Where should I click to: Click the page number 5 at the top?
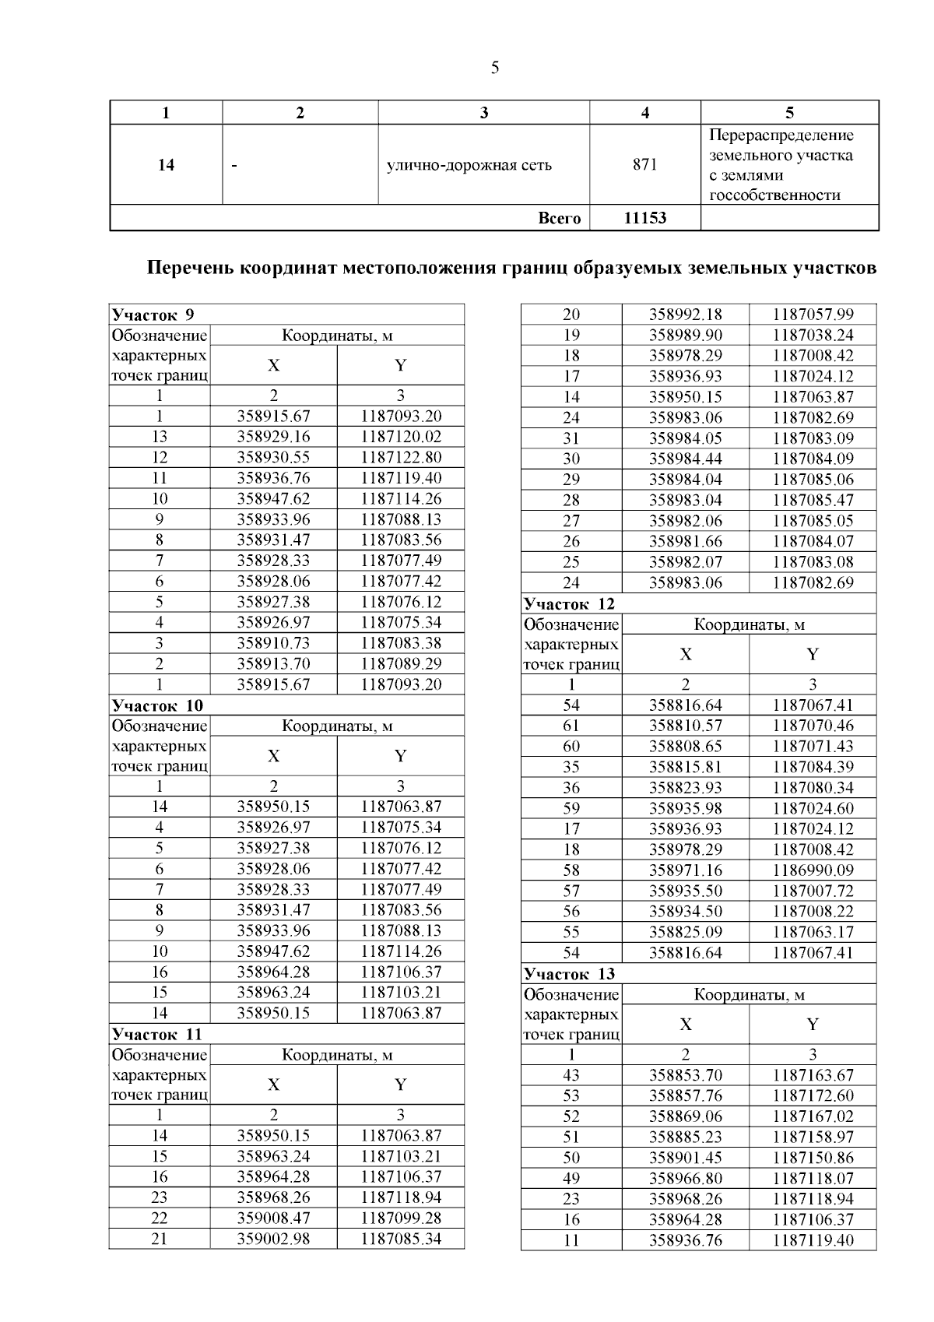coord(495,68)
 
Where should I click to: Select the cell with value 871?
coord(644,164)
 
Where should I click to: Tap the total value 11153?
coord(644,218)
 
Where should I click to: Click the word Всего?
coord(560,218)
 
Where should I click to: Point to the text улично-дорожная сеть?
coord(469,165)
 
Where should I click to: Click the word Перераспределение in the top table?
coord(781,135)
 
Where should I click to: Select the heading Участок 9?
coord(153,315)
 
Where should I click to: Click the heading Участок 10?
coord(157,705)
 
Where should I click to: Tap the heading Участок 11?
coord(157,1034)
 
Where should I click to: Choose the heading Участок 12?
coord(569,603)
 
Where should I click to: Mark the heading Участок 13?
coord(569,973)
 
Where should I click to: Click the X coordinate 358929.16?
coord(273,437)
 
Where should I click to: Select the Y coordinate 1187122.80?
coord(401,457)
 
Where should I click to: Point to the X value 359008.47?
coord(273,1218)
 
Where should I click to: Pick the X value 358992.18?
coord(685,315)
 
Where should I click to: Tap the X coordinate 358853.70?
coord(685,1075)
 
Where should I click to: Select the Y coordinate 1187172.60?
coord(813,1095)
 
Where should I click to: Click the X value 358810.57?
coord(685,726)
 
